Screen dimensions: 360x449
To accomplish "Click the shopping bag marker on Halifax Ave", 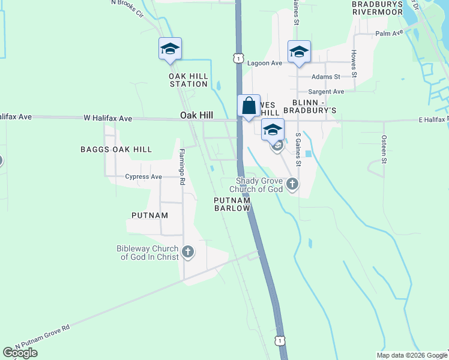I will click(249, 106).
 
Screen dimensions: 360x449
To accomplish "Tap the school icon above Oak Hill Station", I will click(170, 49).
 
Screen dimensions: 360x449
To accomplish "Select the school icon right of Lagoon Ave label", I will click(298, 52).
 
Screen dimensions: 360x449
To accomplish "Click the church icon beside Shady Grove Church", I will click(292, 184).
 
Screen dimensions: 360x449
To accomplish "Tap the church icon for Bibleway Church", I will click(188, 251).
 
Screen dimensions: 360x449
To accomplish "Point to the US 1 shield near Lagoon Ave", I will click(239, 58).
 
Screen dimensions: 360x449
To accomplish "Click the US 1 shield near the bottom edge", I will click(280, 340).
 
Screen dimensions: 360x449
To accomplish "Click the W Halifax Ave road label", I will click(107, 118).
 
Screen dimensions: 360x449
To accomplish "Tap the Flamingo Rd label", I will click(181, 166).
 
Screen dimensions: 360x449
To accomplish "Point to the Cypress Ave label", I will click(143, 177).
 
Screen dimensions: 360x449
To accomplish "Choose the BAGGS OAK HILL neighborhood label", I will click(116, 149).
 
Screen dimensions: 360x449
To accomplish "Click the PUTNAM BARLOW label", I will click(232, 204).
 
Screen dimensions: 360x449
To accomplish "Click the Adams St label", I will click(326, 77).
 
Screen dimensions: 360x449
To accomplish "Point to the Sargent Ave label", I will click(326, 92).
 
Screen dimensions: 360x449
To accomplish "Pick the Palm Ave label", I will click(389, 33).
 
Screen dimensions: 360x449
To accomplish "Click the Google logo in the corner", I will click(20, 353).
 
